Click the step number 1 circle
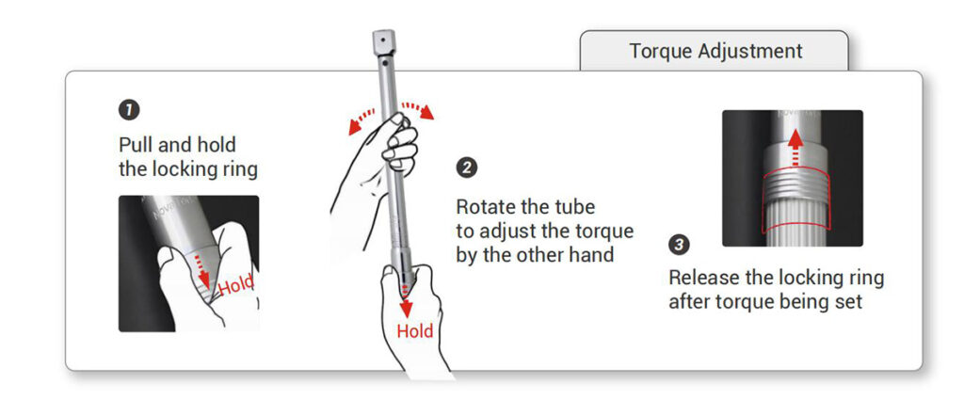[x=129, y=111]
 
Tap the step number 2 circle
[x=467, y=168]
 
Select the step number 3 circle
[x=679, y=245]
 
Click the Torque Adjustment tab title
[x=715, y=51]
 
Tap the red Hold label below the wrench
[x=414, y=330]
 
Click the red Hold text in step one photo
[x=235, y=286]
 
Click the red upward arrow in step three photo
[x=795, y=147]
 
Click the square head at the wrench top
[x=383, y=41]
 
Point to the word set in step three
[x=850, y=302]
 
